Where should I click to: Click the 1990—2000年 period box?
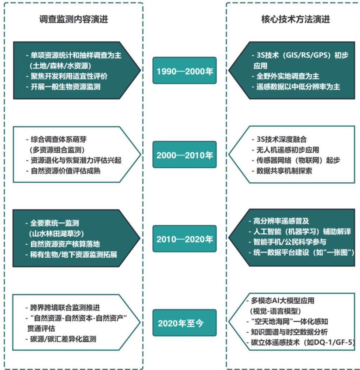point(184,71)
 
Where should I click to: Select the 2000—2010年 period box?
point(184,155)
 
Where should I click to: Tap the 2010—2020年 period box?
point(184,239)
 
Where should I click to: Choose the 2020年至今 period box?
point(184,323)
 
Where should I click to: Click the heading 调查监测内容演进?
point(74,20)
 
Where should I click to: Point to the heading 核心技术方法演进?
point(293,20)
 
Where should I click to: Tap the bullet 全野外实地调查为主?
point(287,76)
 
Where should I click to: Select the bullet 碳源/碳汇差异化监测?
point(60,339)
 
